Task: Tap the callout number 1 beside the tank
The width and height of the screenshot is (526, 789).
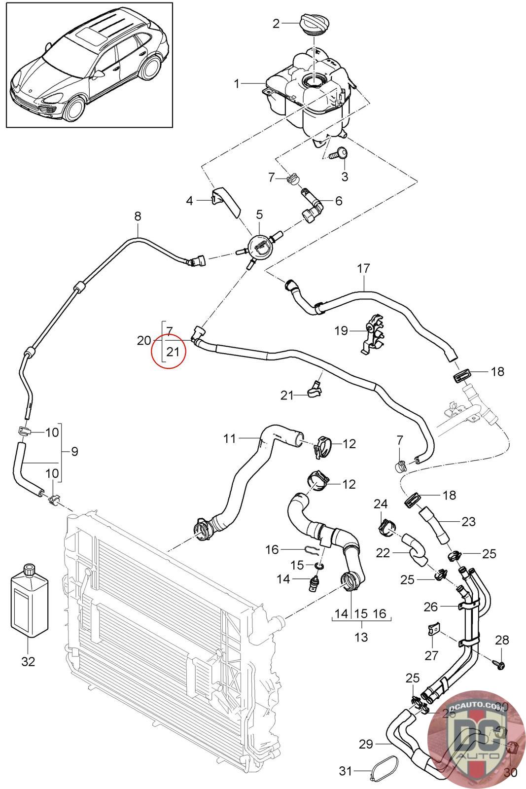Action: tap(237, 84)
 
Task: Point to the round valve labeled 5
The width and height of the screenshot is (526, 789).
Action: tap(260, 244)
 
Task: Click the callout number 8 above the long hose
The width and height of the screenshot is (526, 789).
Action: tap(138, 215)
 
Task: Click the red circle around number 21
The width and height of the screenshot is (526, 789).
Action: tap(168, 345)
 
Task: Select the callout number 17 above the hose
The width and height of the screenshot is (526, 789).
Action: tap(363, 269)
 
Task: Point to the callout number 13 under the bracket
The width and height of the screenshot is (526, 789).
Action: tap(361, 637)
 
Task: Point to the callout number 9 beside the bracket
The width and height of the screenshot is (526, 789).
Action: tap(74, 451)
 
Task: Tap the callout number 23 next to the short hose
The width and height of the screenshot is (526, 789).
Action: tap(468, 521)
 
